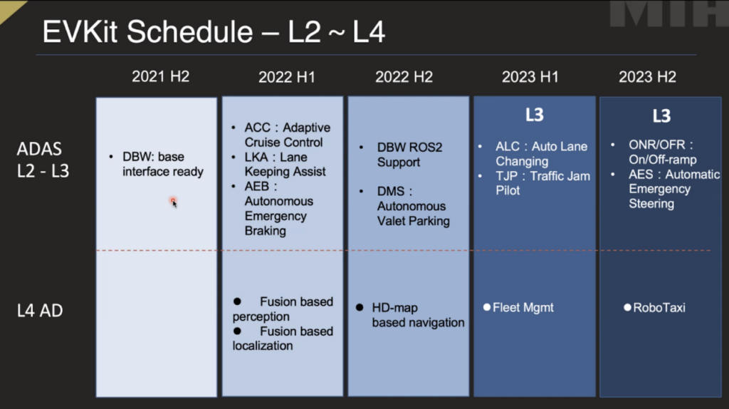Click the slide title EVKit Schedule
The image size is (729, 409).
coord(148,32)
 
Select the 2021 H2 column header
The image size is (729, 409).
coord(160,76)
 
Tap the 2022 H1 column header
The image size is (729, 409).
coord(287,77)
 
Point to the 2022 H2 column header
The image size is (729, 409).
coord(404,77)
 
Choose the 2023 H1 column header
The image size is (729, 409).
coord(530,77)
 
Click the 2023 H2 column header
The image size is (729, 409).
coord(647,77)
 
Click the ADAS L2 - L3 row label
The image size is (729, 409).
coord(43,160)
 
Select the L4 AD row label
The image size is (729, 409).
coord(40,311)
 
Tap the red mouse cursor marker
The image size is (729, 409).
coord(174,202)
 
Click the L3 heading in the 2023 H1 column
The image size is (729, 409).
coord(535,115)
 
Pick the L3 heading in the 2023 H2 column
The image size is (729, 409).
coord(661,116)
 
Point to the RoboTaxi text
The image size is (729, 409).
coord(659,308)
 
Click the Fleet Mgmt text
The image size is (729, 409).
coord(523,308)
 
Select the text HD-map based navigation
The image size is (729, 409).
coord(418,315)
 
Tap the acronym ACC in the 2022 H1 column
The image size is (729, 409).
coord(257,128)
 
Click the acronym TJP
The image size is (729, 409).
coord(507,176)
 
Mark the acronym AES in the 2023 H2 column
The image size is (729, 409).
coord(640,175)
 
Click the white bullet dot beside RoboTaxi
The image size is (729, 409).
coord(627,307)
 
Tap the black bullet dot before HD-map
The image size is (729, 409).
coord(360,308)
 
